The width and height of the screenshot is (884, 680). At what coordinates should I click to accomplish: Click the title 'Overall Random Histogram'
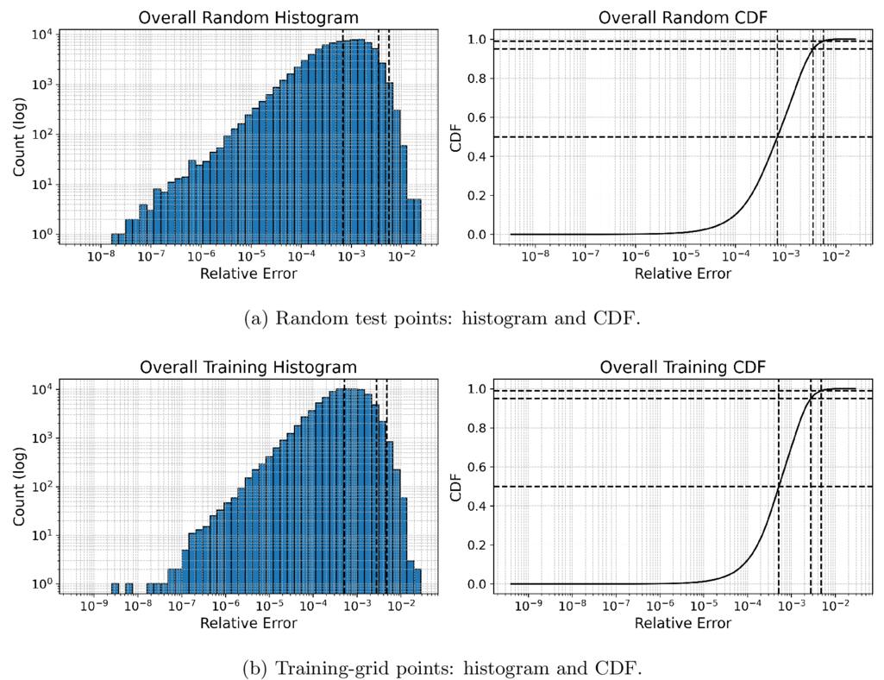248,17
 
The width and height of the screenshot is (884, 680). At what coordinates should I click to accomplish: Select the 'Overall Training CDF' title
683,368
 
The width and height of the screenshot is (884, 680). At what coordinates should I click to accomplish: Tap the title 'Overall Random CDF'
683,17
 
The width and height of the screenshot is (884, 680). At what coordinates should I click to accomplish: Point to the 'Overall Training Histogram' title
248,368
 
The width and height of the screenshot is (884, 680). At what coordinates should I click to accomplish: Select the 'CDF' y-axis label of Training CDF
455,488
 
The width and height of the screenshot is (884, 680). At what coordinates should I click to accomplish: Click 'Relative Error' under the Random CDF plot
683,274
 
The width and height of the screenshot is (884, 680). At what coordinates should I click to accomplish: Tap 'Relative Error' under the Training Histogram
248,623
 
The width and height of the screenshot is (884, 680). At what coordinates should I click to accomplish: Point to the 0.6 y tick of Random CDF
477,118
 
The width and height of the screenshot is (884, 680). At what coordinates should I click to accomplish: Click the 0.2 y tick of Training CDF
477,545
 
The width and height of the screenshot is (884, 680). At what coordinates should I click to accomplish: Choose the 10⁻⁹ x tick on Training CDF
529,606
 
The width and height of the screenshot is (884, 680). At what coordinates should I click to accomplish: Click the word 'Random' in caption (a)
309,318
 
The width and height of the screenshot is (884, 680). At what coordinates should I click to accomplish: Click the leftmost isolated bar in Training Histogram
115,588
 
